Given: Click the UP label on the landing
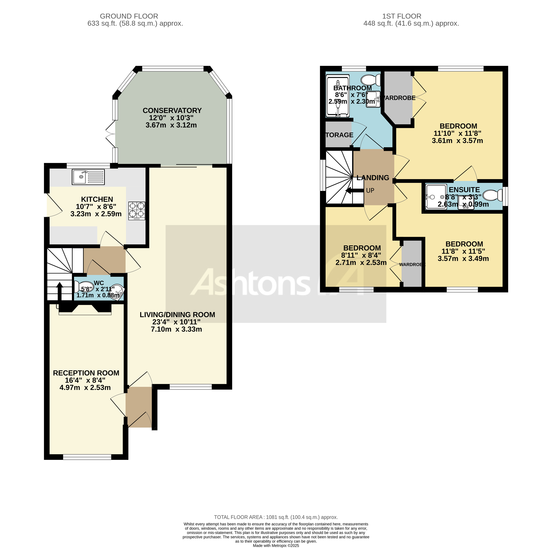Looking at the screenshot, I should (370, 191).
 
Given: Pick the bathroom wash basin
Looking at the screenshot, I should (373, 99).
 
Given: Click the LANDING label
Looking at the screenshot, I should (373, 178).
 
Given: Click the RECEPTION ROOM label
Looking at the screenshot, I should (86, 373).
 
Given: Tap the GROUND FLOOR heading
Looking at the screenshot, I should (129, 16).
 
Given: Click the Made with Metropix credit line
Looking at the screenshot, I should (276, 545).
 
